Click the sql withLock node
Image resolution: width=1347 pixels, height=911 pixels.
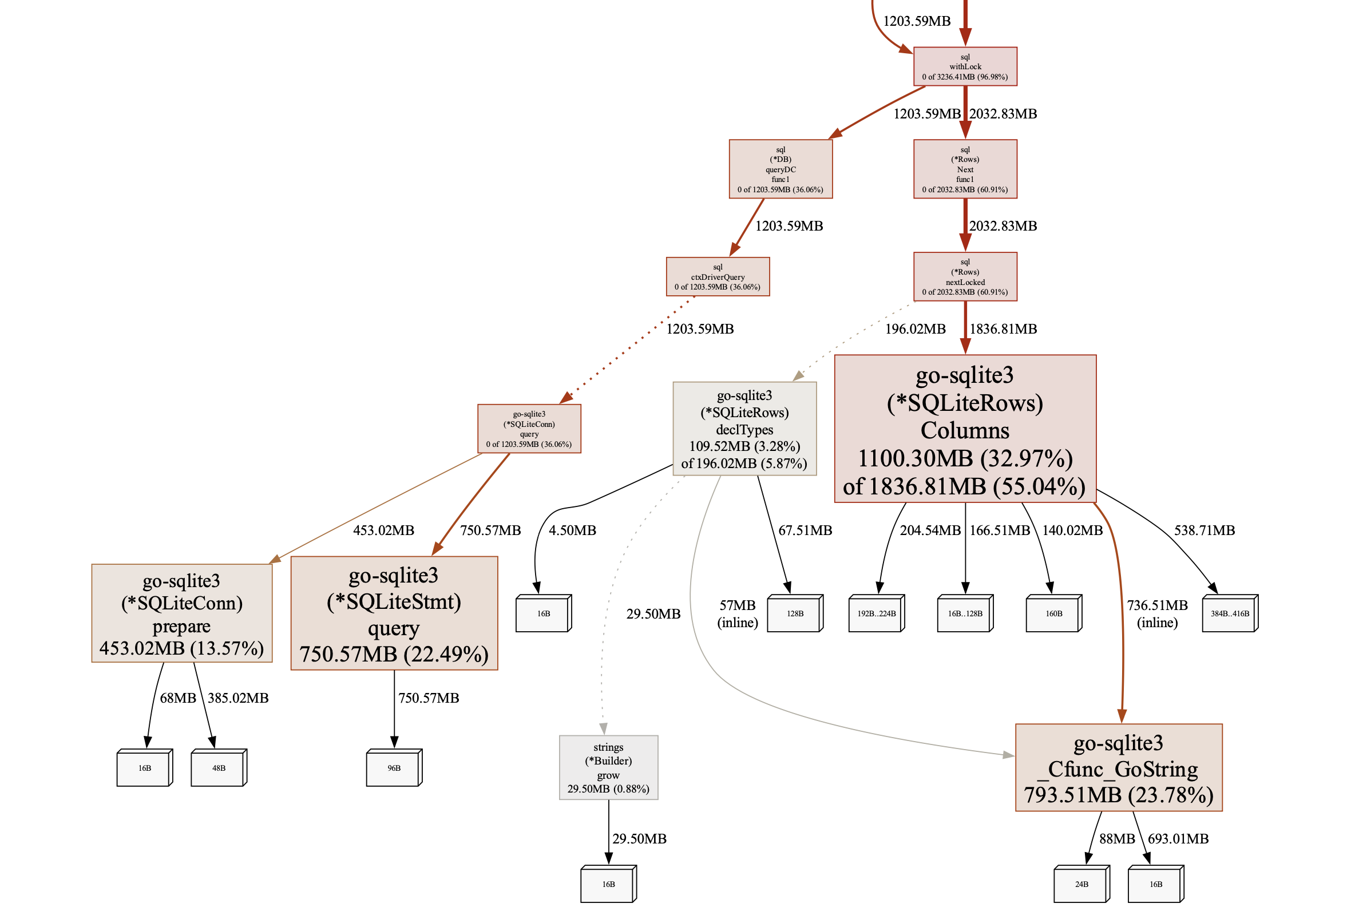(964, 66)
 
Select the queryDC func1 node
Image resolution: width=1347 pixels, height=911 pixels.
(780, 169)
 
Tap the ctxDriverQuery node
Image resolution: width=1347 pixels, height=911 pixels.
(718, 276)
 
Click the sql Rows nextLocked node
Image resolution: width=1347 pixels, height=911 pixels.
(964, 276)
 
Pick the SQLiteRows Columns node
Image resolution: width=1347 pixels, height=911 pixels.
(964, 429)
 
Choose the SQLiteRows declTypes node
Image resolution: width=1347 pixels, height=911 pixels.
(744, 429)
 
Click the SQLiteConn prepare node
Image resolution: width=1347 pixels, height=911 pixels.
(181, 613)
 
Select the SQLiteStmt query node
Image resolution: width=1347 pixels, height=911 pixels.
(394, 613)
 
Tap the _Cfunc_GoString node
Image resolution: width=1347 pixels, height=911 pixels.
(1118, 767)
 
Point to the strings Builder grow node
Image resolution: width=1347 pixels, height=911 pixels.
(608, 767)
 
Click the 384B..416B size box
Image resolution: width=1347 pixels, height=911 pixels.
(1229, 613)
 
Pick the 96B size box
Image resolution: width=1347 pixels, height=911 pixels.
(393, 768)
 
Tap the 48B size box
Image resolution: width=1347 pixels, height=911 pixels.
(218, 768)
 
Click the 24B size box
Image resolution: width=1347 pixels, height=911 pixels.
(1081, 884)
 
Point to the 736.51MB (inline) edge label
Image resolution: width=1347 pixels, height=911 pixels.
(1157, 613)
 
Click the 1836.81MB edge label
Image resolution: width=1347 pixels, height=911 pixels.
(1003, 328)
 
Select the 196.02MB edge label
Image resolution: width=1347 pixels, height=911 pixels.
(914, 328)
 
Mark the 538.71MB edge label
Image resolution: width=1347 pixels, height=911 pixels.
(1204, 530)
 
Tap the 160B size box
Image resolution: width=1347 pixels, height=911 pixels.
(1052, 613)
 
